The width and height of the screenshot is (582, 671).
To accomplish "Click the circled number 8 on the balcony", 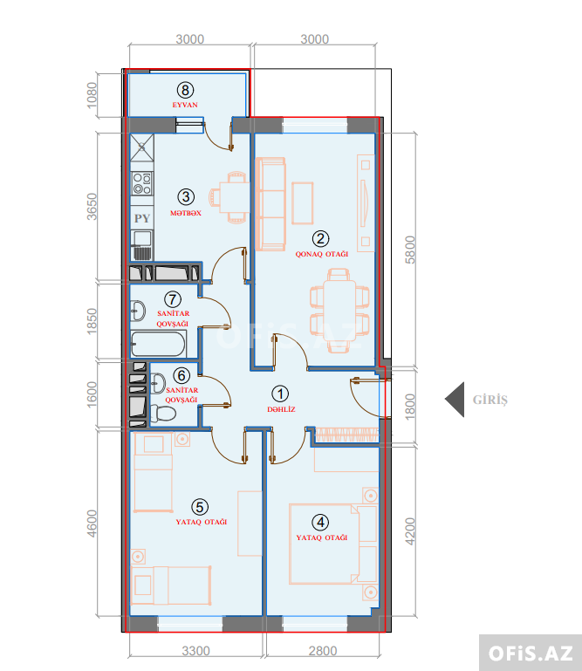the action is point(185,90).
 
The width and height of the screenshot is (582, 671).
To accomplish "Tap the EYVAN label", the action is point(185,105).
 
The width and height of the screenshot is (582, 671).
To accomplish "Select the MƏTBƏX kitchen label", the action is point(186,213).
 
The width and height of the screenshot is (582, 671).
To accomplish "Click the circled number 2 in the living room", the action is point(320,239).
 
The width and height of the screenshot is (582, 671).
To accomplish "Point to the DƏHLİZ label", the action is point(281,409).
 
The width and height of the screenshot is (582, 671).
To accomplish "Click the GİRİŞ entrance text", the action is point(490,400).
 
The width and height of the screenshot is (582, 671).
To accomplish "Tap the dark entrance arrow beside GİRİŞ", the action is point(455,400).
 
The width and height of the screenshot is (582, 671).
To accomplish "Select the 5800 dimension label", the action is point(410,250).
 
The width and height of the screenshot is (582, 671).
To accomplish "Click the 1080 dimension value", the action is point(92,95).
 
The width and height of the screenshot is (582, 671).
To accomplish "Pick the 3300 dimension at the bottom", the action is point(195,651).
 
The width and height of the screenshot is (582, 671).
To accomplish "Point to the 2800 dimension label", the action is point(323,651).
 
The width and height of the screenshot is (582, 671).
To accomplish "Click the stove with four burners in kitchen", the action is point(142,183).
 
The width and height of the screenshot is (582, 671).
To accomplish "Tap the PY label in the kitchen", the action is point(142,218).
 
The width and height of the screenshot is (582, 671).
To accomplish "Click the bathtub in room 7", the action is point(158,344).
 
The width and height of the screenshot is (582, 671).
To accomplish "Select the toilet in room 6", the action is point(162,414).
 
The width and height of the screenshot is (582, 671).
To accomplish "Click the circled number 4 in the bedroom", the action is point(320,523).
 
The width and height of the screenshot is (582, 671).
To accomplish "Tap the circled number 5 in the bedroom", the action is point(200,507).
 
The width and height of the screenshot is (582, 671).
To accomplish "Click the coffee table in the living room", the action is point(303,203).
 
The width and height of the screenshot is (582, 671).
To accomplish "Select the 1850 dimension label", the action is point(92,321).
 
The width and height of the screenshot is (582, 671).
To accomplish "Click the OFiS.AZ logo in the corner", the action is point(531,654).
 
